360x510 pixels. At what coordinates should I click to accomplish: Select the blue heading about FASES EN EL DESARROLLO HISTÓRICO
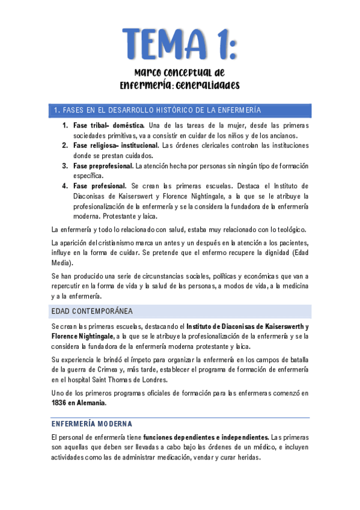tap(157, 110)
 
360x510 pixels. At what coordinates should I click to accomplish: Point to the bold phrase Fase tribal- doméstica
tap(108, 125)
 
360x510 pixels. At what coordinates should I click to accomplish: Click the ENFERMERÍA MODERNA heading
tap(91, 424)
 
